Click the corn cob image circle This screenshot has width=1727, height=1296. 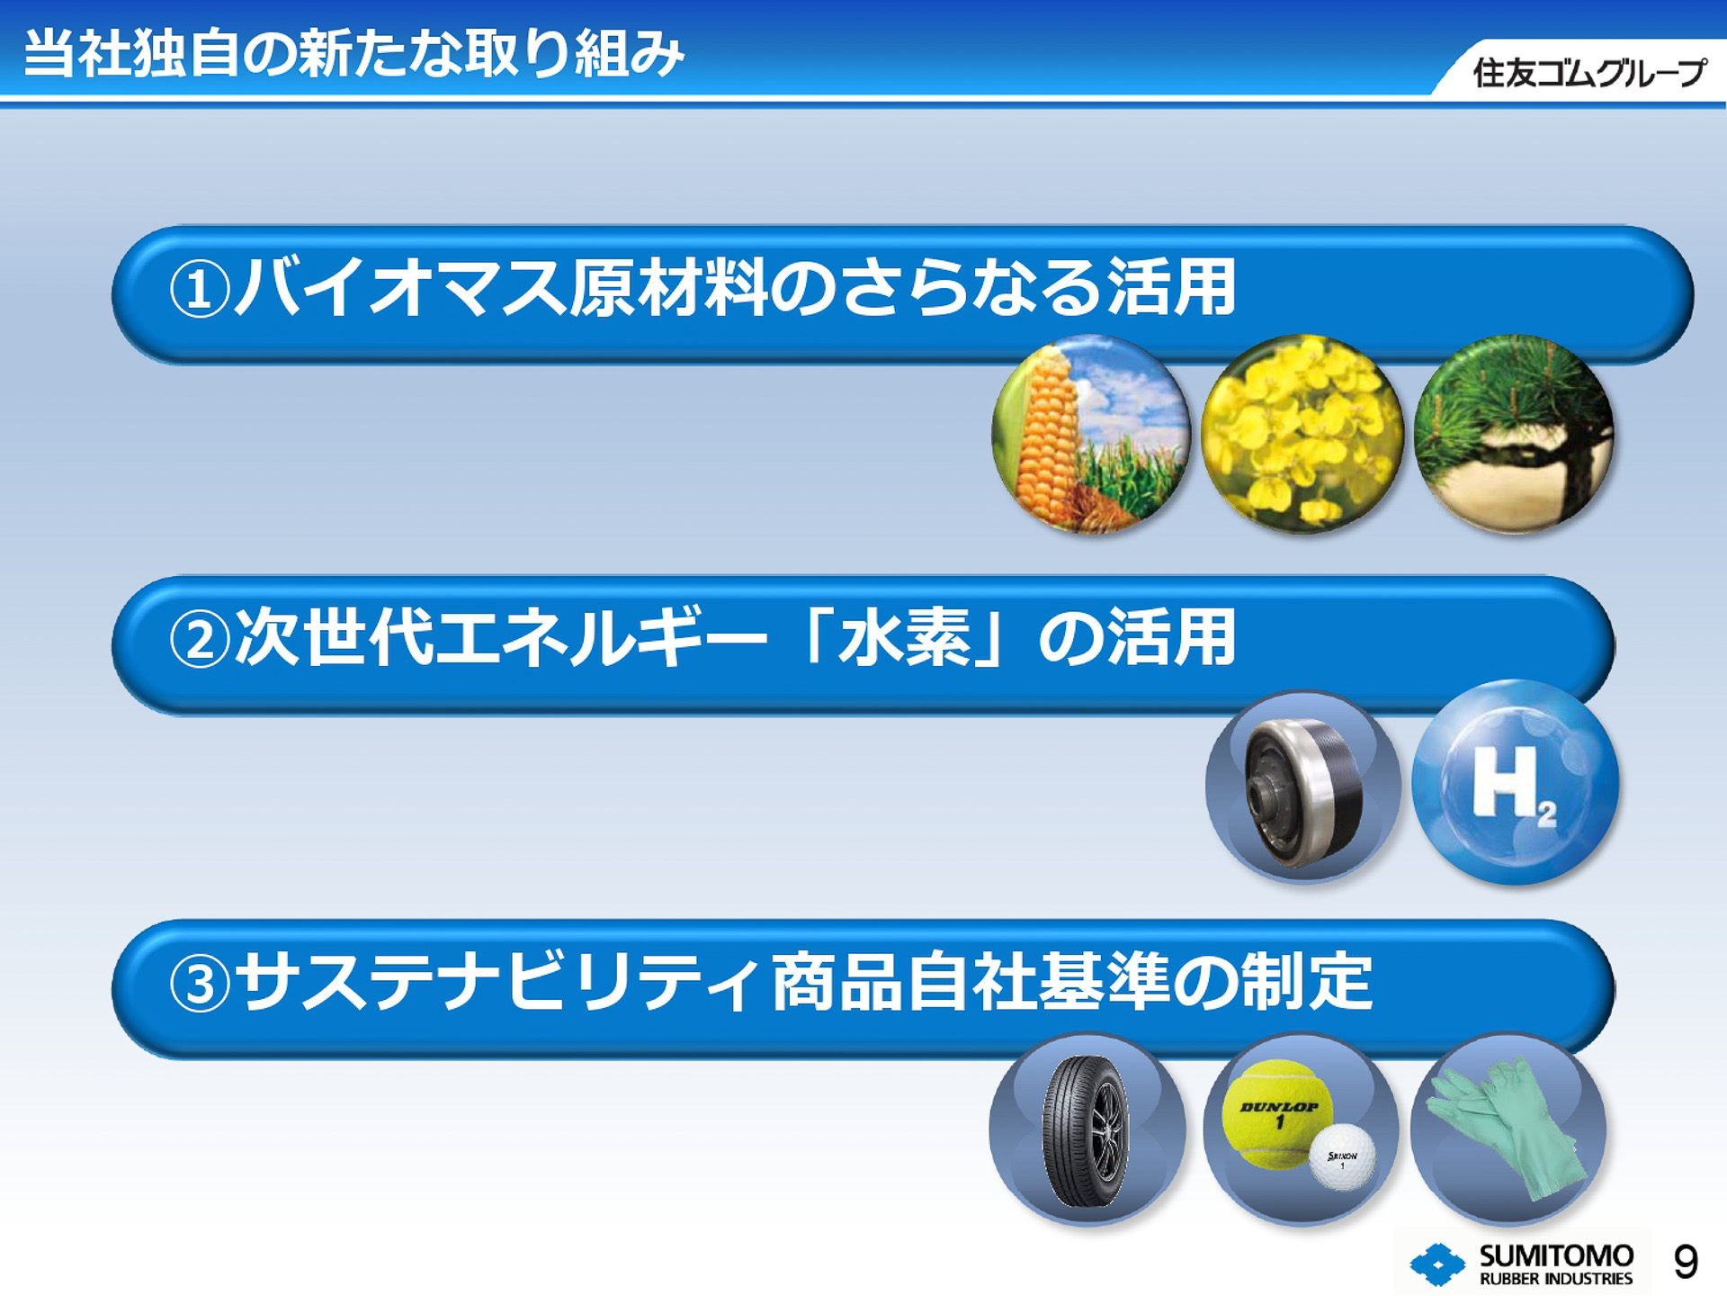click(x=1091, y=434)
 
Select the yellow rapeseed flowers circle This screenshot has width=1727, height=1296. click(x=1302, y=434)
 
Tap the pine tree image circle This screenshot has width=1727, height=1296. click(x=1513, y=434)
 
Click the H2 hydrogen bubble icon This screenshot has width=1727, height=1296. click(x=1515, y=783)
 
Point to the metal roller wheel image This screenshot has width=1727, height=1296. click(x=1302, y=787)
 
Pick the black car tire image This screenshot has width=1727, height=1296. click(x=1087, y=1130)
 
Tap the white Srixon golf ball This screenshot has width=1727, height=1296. click(x=1342, y=1157)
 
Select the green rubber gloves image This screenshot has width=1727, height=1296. click(x=1508, y=1129)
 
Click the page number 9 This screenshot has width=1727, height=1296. click(x=1686, y=1262)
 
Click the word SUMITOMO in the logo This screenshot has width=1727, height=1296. click(x=1556, y=1255)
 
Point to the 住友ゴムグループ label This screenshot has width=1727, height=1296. click(x=1588, y=73)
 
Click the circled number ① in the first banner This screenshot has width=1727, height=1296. click(x=200, y=290)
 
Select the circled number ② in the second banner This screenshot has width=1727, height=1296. click(x=200, y=640)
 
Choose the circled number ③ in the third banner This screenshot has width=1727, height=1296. click(x=200, y=984)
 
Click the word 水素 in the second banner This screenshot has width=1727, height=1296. click(x=905, y=638)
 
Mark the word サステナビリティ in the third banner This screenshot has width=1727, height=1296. click(x=499, y=982)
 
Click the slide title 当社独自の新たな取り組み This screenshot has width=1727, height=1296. click(x=353, y=53)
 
